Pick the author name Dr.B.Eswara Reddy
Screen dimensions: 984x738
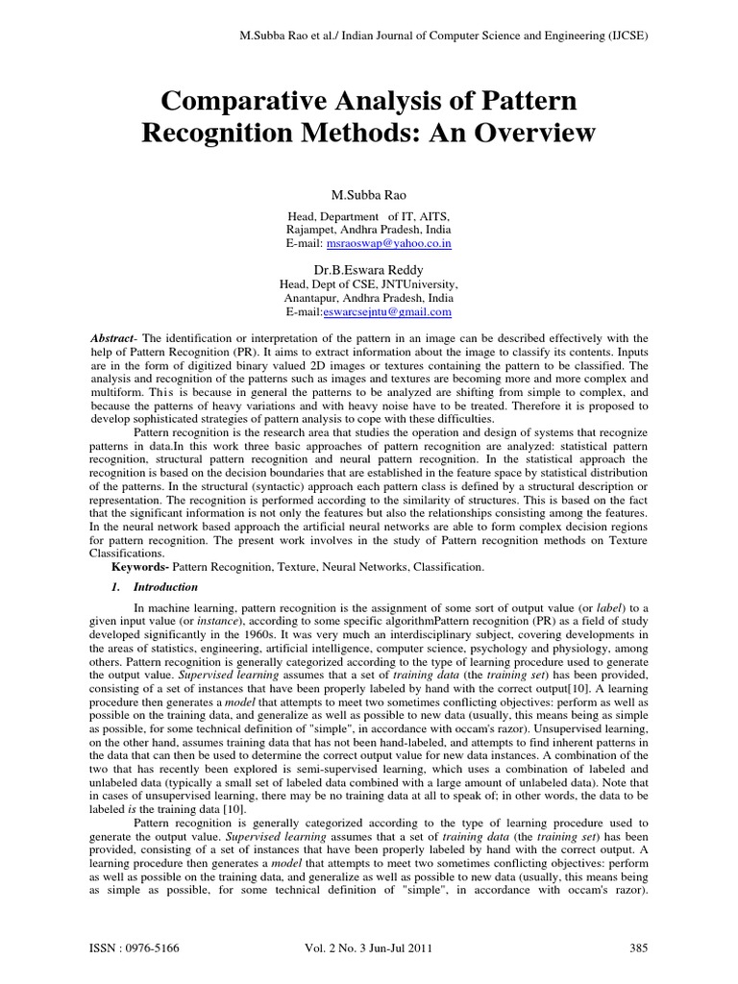pyautogui.click(x=369, y=270)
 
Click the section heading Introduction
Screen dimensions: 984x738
pyautogui.click(x=165, y=586)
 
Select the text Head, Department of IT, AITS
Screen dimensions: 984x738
pyautogui.click(x=369, y=216)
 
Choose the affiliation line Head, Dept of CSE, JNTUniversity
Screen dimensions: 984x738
pyautogui.click(x=369, y=285)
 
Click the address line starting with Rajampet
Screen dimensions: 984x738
pyautogui.click(x=369, y=230)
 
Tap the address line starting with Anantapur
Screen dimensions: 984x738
pyautogui.click(x=369, y=299)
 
